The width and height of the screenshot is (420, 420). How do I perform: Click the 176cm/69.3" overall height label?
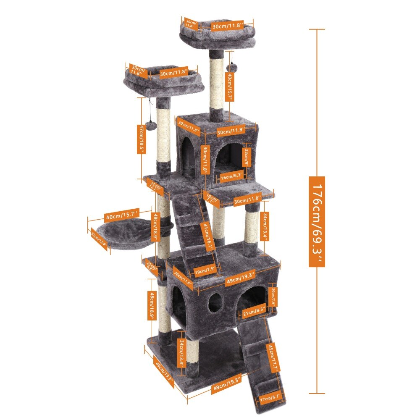point(317,221)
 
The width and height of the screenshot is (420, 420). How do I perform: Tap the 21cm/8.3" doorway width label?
point(254,311)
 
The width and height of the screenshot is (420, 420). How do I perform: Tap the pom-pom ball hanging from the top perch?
point(231,67)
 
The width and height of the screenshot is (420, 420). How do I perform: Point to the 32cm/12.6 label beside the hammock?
point(100,240)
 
